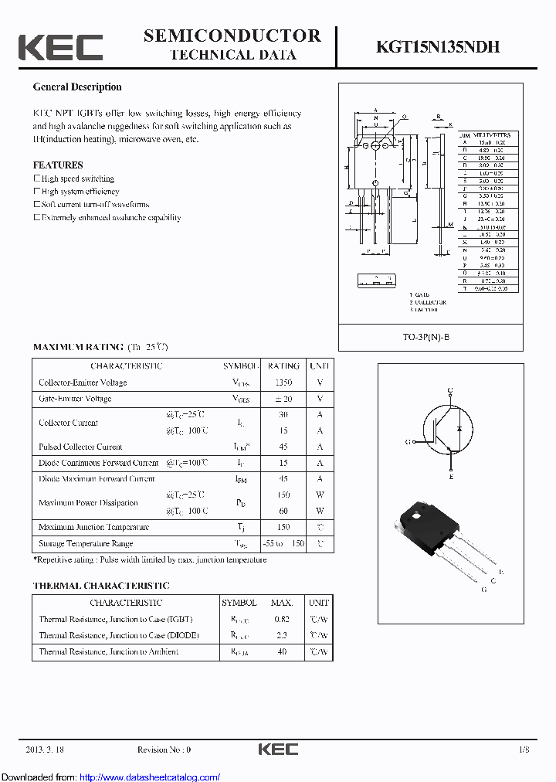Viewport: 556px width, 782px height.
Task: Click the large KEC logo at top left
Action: (60, 47)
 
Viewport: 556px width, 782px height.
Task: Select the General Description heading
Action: (77, 87)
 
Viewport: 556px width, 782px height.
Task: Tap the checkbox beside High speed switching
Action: (36, 178)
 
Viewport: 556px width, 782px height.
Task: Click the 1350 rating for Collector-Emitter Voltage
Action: (283, 382)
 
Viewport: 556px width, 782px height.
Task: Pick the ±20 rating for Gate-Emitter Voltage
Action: (283, 399)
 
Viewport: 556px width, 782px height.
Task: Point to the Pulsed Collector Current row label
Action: (80, 447)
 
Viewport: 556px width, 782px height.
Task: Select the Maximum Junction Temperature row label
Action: (93, 527)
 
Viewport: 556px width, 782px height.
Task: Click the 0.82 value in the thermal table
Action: (282, 619)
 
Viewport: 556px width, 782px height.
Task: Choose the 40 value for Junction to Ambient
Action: (282, 651)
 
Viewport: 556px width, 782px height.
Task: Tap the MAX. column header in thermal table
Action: (282, 603)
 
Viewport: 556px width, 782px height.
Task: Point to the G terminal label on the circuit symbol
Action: (407, 442)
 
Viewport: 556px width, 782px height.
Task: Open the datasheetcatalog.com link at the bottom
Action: (150, 777)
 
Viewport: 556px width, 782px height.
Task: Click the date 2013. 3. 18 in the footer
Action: (46, 750)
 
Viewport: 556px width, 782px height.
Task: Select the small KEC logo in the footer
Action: (277, 749)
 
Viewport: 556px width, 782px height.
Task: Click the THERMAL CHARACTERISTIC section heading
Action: (101, 586)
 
